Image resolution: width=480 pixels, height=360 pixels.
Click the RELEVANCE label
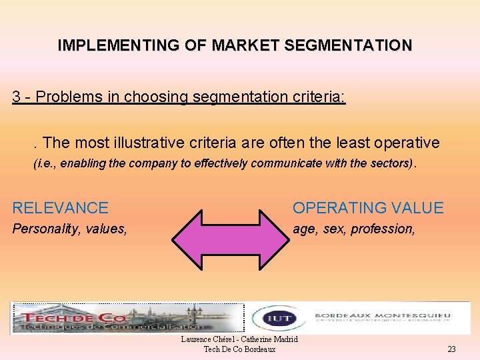61,208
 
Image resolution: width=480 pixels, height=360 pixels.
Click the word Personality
45,229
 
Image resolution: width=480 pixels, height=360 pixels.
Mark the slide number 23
451,349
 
